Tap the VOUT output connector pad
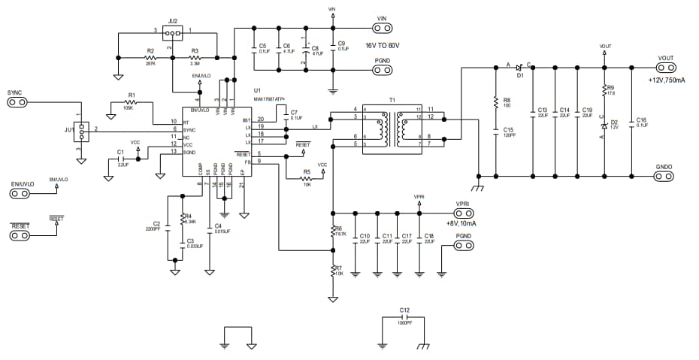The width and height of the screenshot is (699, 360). (x=665, y=68)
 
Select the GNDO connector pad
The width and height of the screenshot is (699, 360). (x=665, y=177)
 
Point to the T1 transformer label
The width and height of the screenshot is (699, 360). (x=391, y=100)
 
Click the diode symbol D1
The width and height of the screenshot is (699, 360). (x=519, y=67)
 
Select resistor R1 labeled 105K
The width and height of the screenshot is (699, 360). (x=131, y=103)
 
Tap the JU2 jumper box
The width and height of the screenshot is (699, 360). (x=173, y=33)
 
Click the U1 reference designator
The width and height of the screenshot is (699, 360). (x=256, y=90)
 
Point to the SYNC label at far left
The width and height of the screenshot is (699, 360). (x=14, y=93)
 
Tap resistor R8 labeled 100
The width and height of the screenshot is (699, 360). (x=496, y=101)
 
